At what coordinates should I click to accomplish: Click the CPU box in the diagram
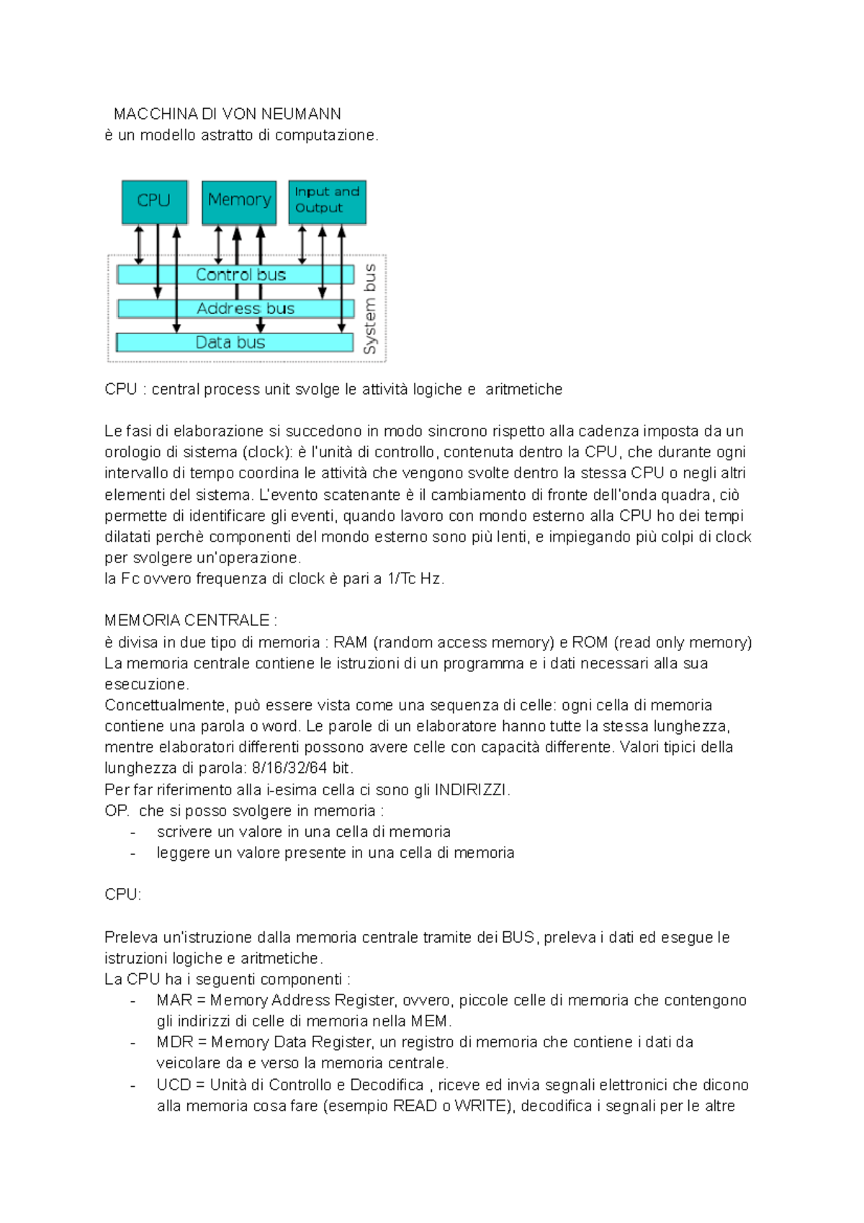(154, 201)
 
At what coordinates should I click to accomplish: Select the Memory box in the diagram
(239, 201)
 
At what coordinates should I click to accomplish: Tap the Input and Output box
(327, 201)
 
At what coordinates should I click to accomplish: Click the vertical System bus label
(370, 309)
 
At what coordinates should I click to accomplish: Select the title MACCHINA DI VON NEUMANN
(228, 114)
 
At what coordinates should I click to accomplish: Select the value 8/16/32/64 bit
(302, 768)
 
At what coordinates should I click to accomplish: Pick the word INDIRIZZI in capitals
(472, 789)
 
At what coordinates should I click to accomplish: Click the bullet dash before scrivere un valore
(133, 832)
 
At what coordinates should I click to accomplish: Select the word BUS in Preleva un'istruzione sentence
(518, 938)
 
